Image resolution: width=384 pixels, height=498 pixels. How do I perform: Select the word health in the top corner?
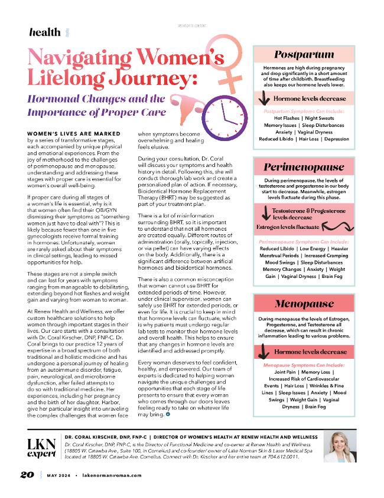(x=44, y=32)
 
